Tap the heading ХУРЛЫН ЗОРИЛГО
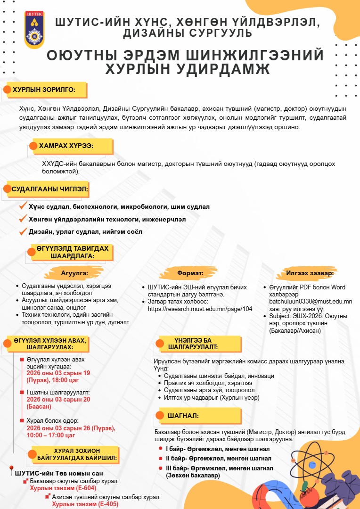44,90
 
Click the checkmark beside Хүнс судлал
22,206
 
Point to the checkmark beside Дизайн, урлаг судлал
22,231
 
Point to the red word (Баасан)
39,406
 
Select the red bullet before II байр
161,458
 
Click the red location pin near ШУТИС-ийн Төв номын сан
11,470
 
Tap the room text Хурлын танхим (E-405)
85,503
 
